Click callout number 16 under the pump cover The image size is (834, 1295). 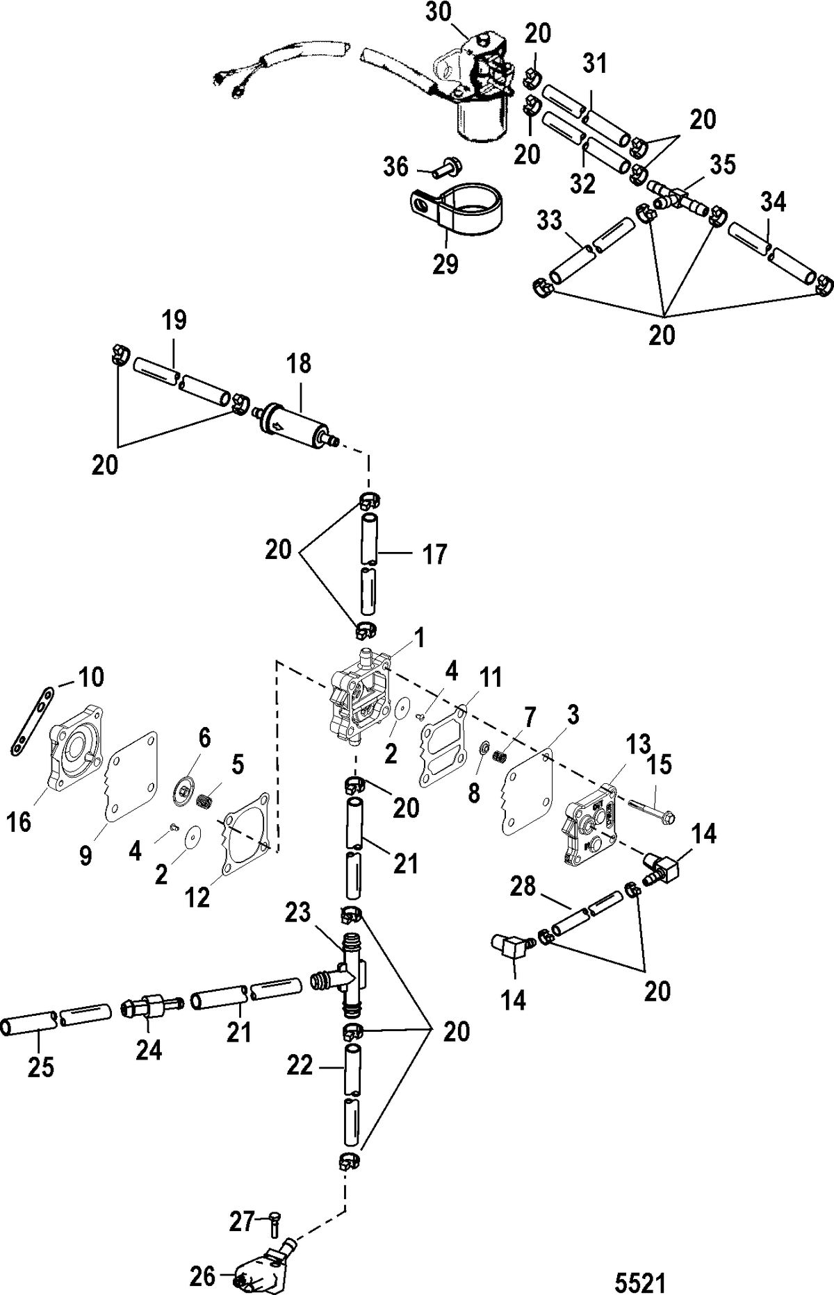pos(19,824)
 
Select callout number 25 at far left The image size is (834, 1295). pos(40,1067)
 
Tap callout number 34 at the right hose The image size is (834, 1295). pos(772,203)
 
